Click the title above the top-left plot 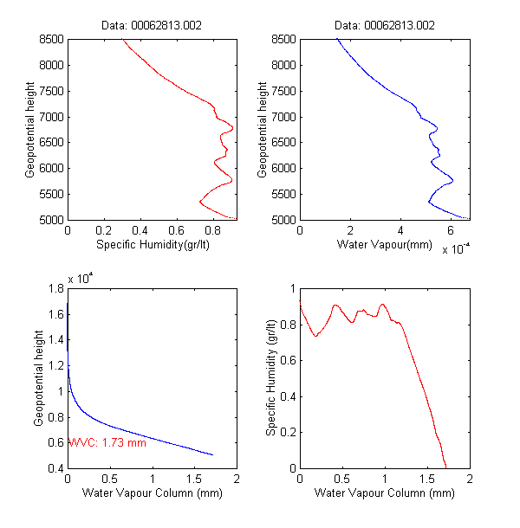click(x=151, y=26)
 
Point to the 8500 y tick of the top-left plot click(x=51, y=39)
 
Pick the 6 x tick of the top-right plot click(x=452, y=231)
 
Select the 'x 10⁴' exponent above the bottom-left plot click(x=81, y=278)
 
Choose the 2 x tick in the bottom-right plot click(x=469, y=479)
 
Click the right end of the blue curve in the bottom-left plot click(x=213, y=455)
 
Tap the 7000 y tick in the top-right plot click(x=283, y=117)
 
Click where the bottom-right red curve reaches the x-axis click(x=445, y=467)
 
